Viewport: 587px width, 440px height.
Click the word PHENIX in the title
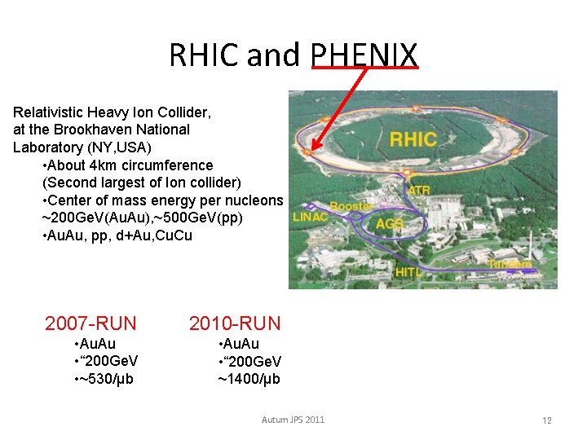click(364, 55)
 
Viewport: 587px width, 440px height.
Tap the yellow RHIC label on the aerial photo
click(413, 139)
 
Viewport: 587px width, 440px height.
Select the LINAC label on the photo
click(311, 217)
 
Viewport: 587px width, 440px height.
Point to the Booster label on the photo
click(351, 207)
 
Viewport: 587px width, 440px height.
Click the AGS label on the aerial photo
click(390, 224)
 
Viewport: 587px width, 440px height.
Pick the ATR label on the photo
click(419, 191)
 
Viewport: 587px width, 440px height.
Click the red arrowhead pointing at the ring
click(316, 147)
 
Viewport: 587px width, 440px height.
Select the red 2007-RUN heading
click(90, 323)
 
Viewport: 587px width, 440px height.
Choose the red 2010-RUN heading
click(235, 323)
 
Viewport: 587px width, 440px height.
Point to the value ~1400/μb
click(249, 379)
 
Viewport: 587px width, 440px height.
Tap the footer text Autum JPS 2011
click(293, 420)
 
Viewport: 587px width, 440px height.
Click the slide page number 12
click(547, 420)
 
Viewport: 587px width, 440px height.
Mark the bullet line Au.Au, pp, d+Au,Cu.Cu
click(117, 236)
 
